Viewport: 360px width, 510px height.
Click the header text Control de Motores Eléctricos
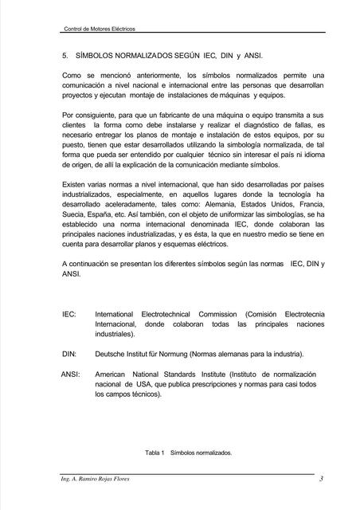99,29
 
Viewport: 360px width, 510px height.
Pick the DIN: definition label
69,353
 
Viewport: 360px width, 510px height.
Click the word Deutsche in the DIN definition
112,353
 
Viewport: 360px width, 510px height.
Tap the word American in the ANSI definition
113,373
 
